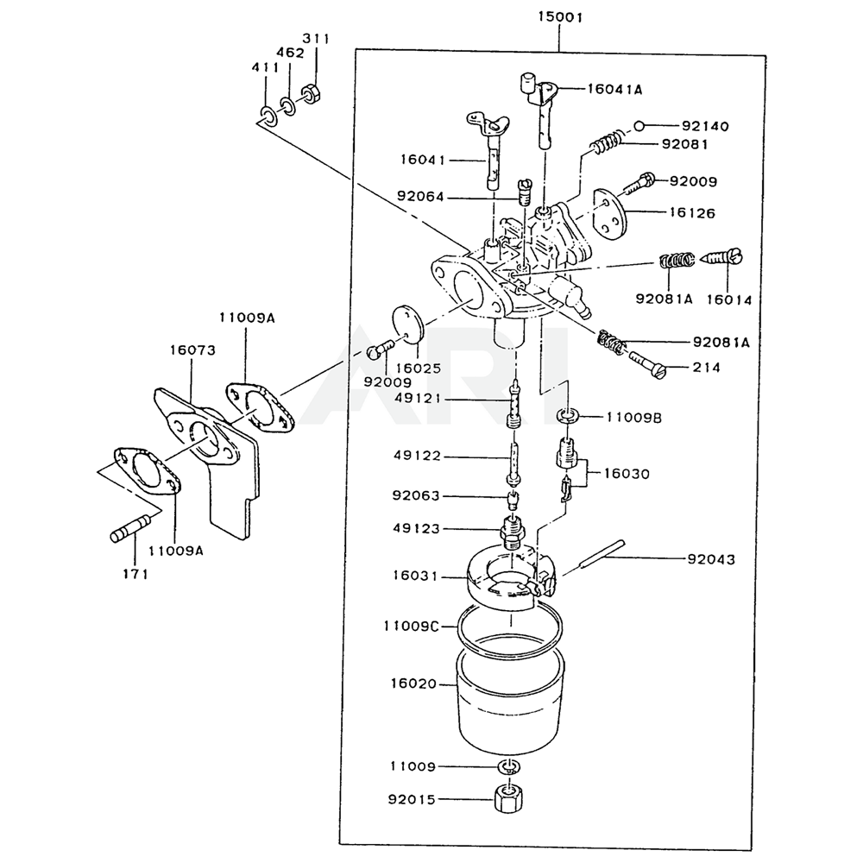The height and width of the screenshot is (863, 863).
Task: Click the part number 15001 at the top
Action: pyautogui.click(x=560, y=17)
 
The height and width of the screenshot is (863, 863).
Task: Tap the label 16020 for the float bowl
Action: pyautogui.click(x=413, y=683)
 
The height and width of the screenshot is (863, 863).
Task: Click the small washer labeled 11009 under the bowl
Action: pyautogui.click(x=510, y=766)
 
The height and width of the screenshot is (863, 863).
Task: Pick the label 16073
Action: pyautogui.click(x=192, y=350)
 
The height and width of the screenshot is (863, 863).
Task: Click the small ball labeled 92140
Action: pyautogui.click(x=639, y=126)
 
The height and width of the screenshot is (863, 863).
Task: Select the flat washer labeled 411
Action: pyautogui.click(x=269, y=117)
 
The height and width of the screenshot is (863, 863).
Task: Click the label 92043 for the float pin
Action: pyautogui.click(x=711, y=559)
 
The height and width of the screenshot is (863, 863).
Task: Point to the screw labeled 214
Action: pyautogui.click(x=647, y=365)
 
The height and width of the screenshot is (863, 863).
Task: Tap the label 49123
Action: pyautogui.click(x=417, y=528)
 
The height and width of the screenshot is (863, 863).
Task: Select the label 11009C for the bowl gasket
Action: pyautogui.click(x=411, y=626)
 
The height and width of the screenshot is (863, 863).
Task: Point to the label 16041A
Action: pyautogui.click(x=614, y=89)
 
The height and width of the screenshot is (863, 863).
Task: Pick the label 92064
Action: pyautogui.click(x=420, y=196)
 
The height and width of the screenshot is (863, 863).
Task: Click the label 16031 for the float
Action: pyautogui.click(x=415, y=576)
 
